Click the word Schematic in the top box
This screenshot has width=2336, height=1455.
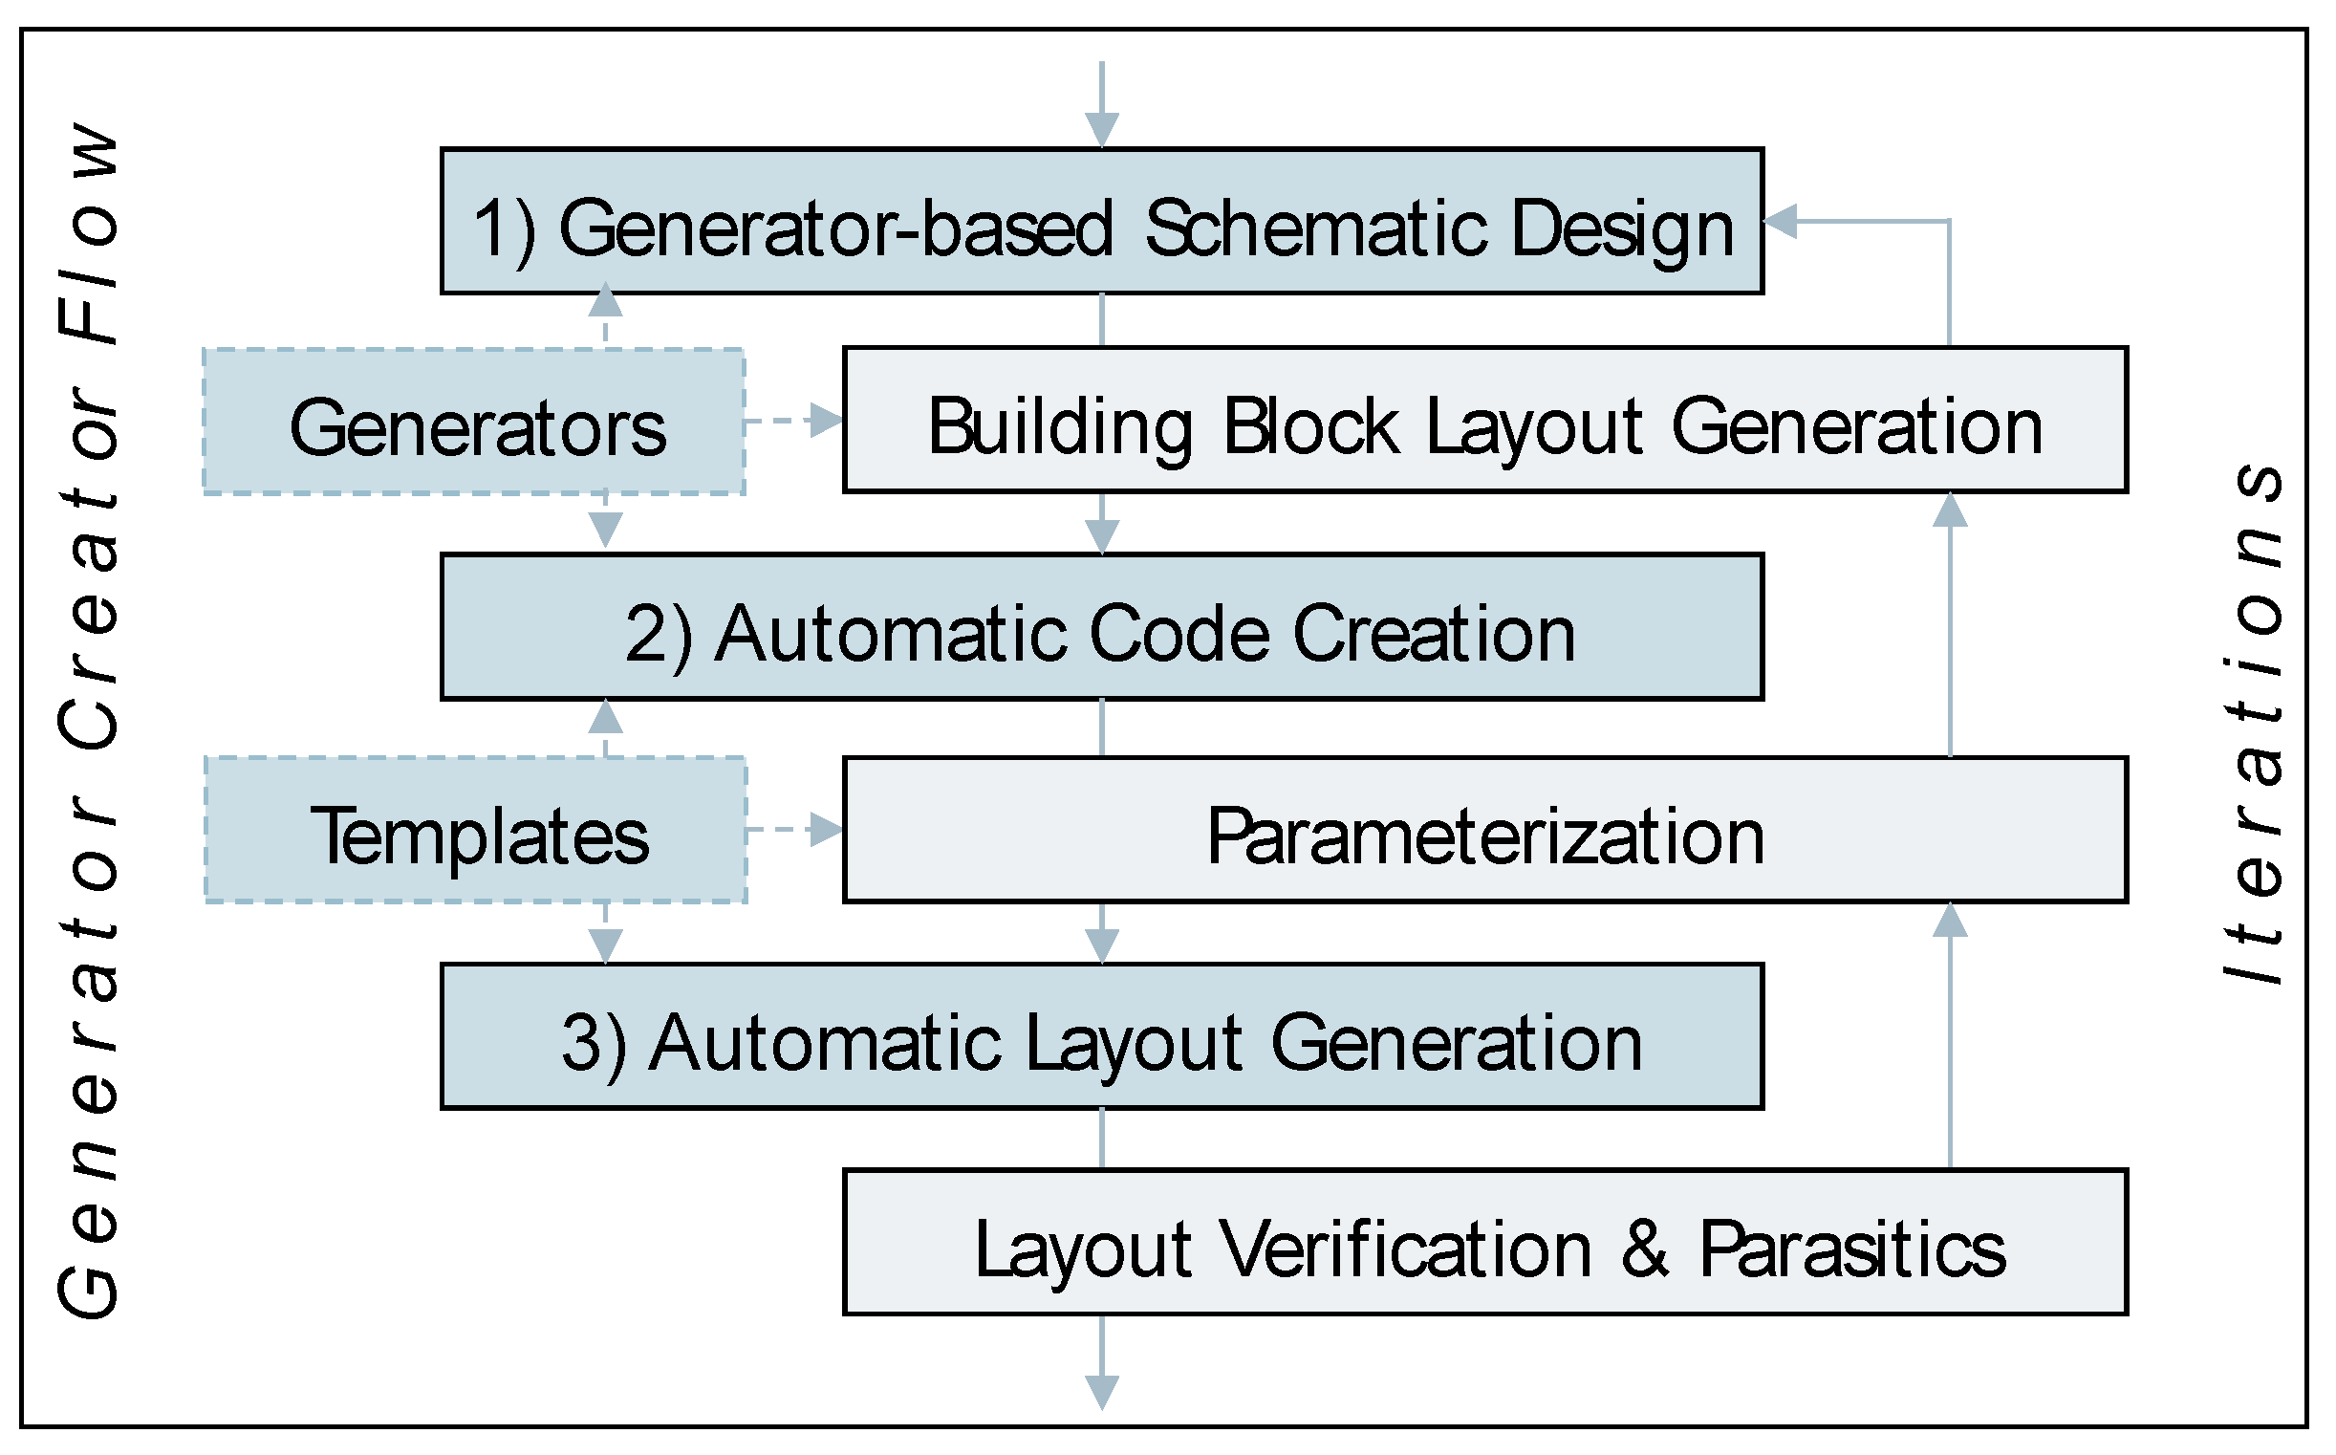coord(1318,229)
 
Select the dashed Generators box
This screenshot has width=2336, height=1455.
coord(474,422)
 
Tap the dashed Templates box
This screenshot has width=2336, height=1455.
coord(476,831)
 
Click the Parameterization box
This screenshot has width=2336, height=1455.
coord(1484,831)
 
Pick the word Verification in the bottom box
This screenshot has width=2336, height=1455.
coord(1407,1249)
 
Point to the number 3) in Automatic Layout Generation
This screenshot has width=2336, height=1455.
coord(594,1042)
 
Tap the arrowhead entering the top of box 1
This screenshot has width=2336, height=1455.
coord(1102,129)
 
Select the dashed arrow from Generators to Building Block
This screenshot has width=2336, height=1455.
coord(793,421)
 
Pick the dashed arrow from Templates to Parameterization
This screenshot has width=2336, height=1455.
coord(793,830)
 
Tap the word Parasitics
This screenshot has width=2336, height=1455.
coord(1852,1249)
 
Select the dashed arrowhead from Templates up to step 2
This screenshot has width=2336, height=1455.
coord(605,717)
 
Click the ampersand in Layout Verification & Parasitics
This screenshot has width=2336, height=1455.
coord(1644,1249)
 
